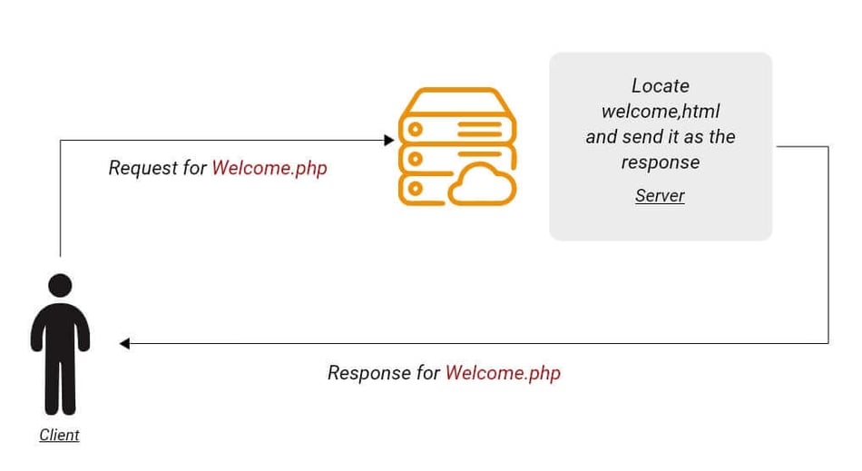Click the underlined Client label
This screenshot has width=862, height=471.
click(59, 436)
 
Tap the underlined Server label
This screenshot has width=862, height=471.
click(660, 196)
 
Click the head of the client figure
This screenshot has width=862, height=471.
click(60, 286)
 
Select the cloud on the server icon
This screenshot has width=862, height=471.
click(482, 185)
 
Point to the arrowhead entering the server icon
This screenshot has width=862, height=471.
click(389, 140)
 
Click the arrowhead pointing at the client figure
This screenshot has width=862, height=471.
click(125, 343)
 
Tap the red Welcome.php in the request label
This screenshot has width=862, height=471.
click(269, 168)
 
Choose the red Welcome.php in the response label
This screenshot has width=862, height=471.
click(503, 373)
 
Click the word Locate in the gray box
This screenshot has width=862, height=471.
click(661, 86)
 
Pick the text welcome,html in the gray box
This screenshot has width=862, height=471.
click(661, 112)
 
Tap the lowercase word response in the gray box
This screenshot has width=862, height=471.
click(661, 162)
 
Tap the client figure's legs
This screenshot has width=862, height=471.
click(60, 386)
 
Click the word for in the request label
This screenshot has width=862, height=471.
click(195, 168)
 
